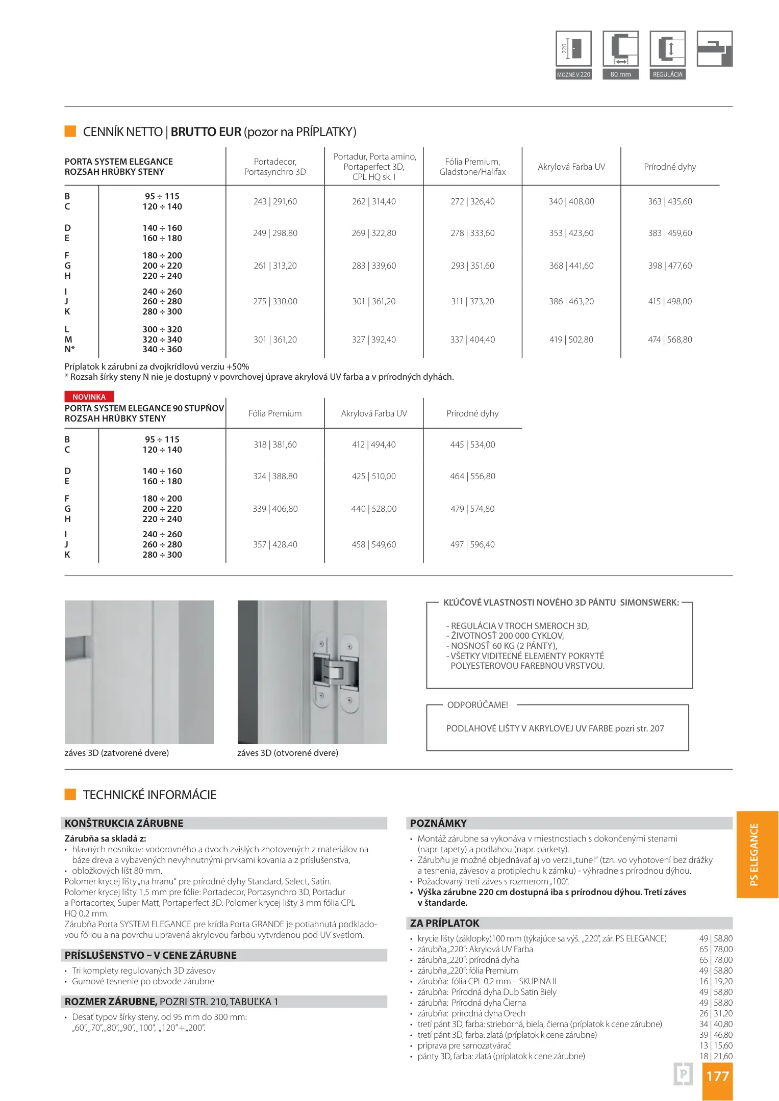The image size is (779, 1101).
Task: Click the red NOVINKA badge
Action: click(89, 397)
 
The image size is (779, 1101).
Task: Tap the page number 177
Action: click(717, 1076)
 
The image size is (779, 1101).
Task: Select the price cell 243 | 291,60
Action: click(275, 201)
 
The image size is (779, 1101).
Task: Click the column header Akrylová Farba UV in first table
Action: click(571, 167)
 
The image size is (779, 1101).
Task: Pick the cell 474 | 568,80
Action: click(670, 339)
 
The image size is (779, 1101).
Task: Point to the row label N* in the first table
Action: click(69, 349)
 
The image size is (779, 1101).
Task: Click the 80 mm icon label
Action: click(620, 74)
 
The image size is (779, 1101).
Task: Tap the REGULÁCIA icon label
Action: click(667, 74)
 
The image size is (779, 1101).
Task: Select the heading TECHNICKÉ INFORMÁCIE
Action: click(149, 795)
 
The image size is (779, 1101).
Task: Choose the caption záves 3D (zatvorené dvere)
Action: click(116, 753)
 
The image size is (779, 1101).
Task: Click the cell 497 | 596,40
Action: click(472, 544)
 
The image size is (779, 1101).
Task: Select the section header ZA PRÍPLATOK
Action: click(445, 923)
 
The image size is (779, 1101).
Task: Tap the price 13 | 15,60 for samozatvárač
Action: click(716, 1045)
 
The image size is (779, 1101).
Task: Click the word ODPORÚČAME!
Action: click(478, 705)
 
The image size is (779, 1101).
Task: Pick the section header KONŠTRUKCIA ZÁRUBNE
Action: click(124, 823)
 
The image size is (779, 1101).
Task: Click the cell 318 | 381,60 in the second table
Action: click(275, 444)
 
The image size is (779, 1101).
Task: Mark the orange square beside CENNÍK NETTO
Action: click(70, 132)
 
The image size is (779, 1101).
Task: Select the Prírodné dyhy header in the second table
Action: click(472, 413)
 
